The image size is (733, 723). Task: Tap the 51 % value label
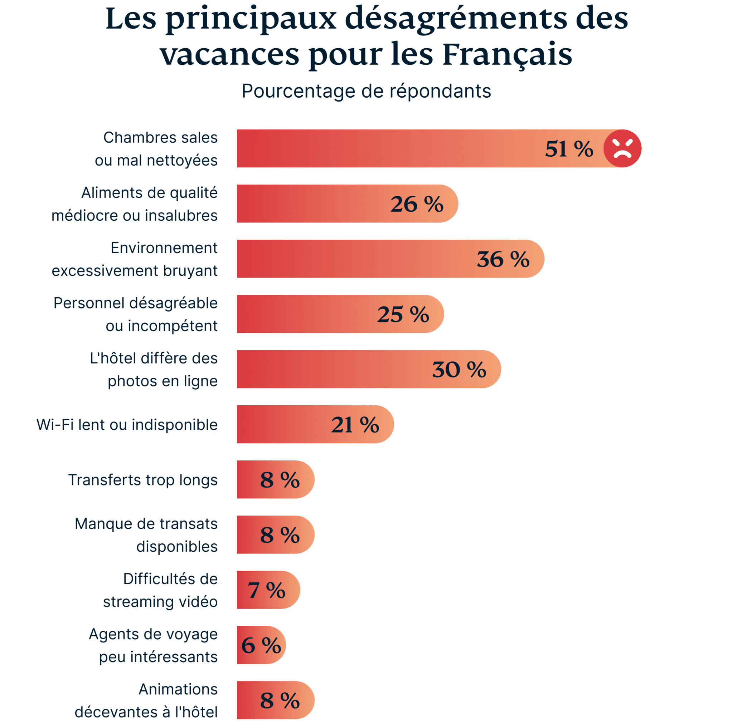coord(569,148)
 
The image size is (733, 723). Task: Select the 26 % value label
coord(417,204)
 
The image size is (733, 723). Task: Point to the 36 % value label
coord(503,259)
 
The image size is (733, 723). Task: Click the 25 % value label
coord(403,314)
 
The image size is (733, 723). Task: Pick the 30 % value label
coord(459,370)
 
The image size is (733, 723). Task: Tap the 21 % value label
coord(355,425)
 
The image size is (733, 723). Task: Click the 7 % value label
coord(266,590)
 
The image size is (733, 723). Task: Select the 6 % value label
coord(261,645)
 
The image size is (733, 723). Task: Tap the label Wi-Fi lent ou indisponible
coord(127,425)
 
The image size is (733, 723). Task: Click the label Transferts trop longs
coord(143,480)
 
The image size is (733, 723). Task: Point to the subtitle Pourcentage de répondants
coord(366,91)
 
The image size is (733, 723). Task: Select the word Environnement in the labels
coord(164,248)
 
